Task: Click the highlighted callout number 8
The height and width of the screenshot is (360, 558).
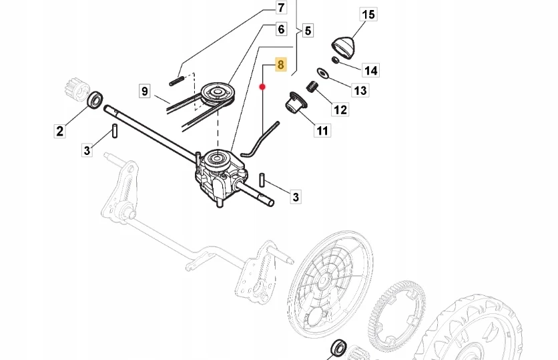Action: tap(281, 65)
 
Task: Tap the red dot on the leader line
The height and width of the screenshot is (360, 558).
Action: tap(262, 87)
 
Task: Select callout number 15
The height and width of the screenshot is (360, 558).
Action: tap(368, 15)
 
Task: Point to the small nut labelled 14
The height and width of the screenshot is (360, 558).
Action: tap(335, 60)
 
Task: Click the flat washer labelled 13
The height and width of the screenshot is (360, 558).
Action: tap(323, 73)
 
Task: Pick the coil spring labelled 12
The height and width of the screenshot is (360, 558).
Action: tap(312, 87)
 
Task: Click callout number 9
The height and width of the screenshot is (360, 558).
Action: tap(144, 91)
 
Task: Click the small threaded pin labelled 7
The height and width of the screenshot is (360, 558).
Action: tap(177, 81)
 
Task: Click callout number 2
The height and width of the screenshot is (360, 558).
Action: tap(59, 131)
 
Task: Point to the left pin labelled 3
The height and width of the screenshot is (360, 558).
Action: tap(115, 130)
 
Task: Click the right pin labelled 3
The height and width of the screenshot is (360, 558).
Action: tap(262, 180)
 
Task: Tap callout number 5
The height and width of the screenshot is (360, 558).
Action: tap(308, 31)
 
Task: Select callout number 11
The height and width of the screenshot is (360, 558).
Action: tap(322, 130)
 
